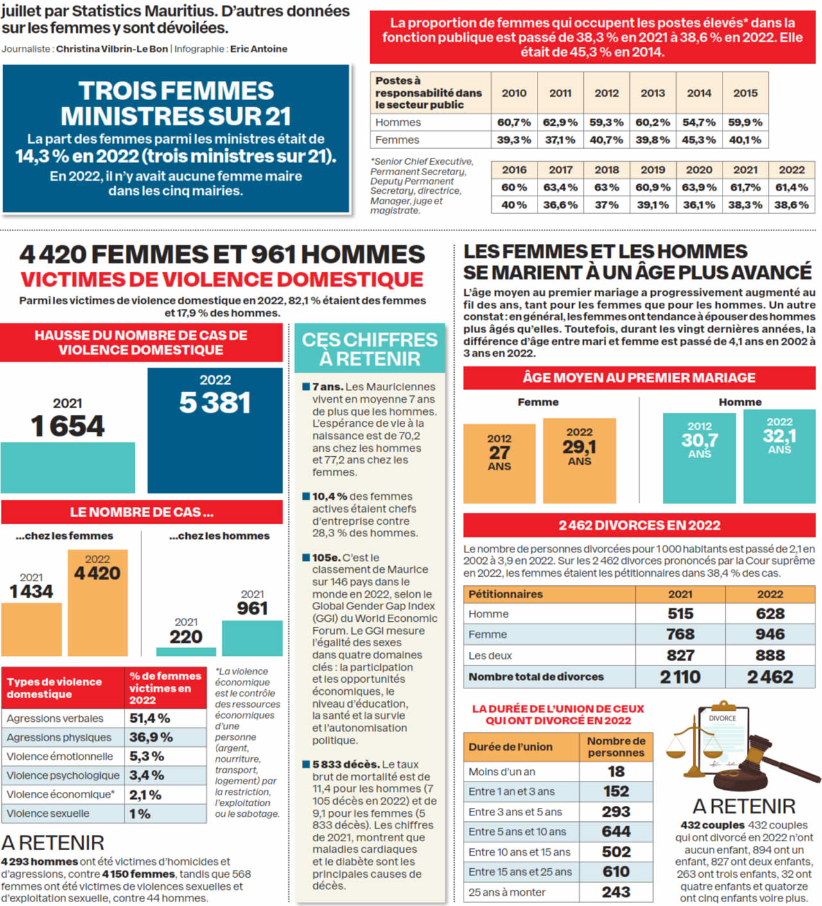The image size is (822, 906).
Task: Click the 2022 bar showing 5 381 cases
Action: click(x=214, y=431)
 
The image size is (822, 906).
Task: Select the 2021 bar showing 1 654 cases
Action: click(x=67, y=467)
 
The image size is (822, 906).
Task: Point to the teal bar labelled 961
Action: click(x=252, y=638)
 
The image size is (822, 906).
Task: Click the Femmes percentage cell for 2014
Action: click(x=699, y=140)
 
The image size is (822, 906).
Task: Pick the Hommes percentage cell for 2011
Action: click(x=560, y=123)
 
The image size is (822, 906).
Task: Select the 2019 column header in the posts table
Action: click(x=652, y=170)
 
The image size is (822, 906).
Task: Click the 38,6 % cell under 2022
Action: click(x=791, y=205)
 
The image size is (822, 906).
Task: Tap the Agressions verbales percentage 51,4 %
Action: click(x=150, y=719)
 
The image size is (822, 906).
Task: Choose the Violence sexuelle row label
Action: click(x=48, y=814)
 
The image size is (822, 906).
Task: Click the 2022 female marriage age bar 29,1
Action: click(x=579, y=461)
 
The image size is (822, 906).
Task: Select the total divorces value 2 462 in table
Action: click(x=770, y=677)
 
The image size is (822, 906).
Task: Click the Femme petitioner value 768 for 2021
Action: click(x=680, y=635)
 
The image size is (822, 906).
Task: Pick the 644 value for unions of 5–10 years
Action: click(x=616, y=832)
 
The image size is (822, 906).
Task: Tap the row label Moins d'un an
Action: click(x=502, y=772)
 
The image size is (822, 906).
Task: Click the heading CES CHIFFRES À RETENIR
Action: click(x=370, y=349)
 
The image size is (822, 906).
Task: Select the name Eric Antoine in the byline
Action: click(x=259, y=49)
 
